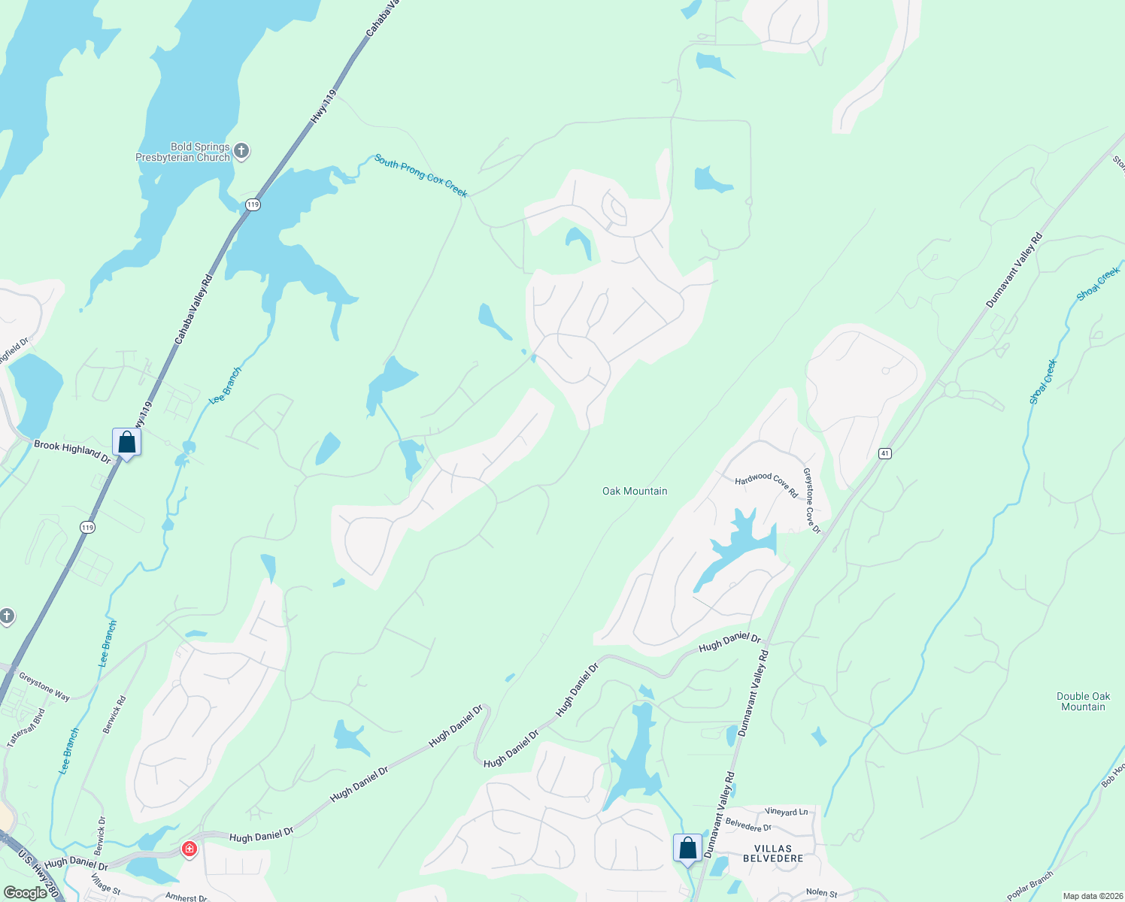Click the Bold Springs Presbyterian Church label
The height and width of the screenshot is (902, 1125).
(182, 153)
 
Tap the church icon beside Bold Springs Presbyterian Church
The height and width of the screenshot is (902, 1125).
(241, 152)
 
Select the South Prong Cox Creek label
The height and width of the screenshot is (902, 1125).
(421, 176)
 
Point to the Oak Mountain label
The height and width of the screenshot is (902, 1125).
(635, 491)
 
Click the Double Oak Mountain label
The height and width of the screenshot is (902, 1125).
(1083, 701)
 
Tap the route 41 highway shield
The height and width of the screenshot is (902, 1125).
(885, 453)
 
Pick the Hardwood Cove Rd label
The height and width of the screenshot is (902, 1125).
(766, 484)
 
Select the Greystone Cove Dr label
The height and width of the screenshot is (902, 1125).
(811, 501)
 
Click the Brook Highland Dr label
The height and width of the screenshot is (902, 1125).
(72, 451)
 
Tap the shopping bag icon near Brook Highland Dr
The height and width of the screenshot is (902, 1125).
(126, 442)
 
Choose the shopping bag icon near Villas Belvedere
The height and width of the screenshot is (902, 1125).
(687, 848)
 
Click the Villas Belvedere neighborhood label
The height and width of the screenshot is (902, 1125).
(773, 853)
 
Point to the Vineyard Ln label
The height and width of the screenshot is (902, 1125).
(786, 812)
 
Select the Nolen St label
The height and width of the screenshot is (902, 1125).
(821, 893)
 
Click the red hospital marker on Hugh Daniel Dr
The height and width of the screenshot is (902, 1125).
(189, 849)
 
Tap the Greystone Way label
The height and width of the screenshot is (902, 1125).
(44, 687)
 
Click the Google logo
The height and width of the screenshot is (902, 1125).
(26, 893)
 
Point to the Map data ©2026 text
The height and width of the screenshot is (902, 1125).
(1091, 896)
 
